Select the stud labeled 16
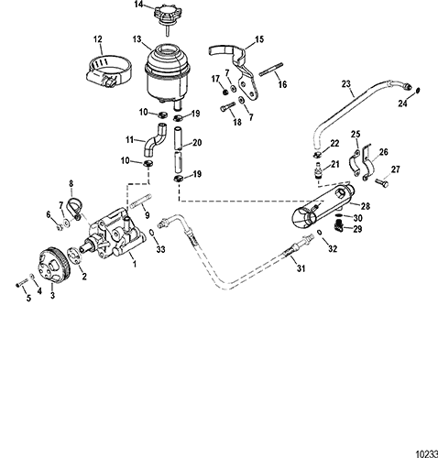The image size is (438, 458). coord(271,69)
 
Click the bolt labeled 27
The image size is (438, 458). coord(381,182)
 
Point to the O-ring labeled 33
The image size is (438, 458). coord(152,233)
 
